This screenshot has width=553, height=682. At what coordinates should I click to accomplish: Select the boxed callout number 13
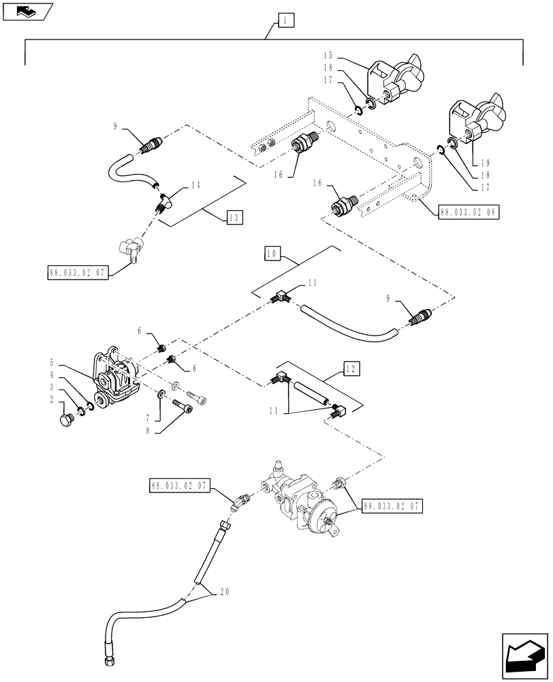pyautogui.click(x=234, y=218)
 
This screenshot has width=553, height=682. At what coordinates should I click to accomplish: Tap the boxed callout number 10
pyautogui.click(x=272, y=253)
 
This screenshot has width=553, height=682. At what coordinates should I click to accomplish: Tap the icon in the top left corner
pyautogui.click(x=26, y=11)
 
